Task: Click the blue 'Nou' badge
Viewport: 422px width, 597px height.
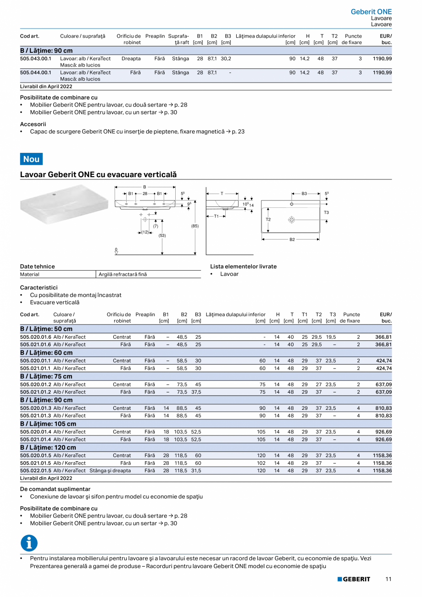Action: (x=31, y=159)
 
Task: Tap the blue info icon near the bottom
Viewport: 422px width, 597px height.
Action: (x=29, y=543)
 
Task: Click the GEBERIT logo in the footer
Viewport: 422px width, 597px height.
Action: (x=354, y=579)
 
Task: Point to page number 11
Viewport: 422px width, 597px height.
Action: (x=388, y=579)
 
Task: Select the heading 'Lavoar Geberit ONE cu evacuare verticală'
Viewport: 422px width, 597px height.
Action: (x=98, y=175)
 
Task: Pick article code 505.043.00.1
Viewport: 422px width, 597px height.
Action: (x=36, y=59)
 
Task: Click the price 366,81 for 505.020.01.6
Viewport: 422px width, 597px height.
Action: (x=383, y=337)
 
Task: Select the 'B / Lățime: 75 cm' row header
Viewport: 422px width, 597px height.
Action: (x=46, y=376)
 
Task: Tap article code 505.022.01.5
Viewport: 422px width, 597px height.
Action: (x=36, y=470)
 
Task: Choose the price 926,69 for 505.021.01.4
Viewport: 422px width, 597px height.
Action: (x=383, y=439)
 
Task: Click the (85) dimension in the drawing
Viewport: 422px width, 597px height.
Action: (x=195, y=226)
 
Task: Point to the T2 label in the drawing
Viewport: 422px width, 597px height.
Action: (x=268, y=219)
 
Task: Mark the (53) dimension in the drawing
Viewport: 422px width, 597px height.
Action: (x=162, y=235)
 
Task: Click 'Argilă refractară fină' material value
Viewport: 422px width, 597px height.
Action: (x=123, y=274)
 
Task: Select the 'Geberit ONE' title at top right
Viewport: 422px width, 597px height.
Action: (x=371, y=12)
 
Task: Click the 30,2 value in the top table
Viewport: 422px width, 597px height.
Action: (x=226, y=59)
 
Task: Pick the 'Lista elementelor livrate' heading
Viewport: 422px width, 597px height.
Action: (x=243, y=266)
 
